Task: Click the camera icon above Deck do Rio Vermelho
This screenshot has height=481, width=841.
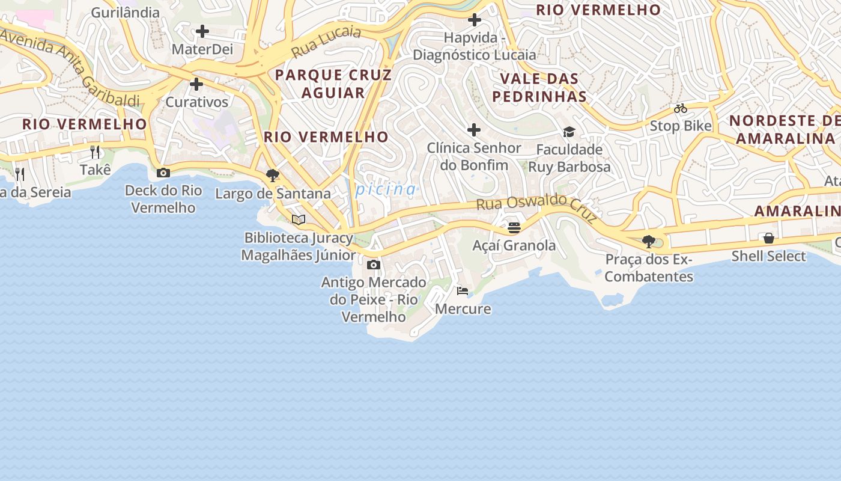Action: click(163, 173)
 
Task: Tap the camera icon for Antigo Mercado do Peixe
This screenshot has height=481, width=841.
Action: click(373, 265)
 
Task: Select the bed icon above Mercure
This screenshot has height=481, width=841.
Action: click(462, 291)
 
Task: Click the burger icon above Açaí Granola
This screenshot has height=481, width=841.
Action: click(514, 228)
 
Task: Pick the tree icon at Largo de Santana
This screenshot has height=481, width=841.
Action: click(272, 176)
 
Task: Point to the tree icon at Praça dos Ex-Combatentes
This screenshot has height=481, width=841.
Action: click(648, 242)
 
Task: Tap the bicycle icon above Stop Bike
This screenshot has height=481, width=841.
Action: click(680, 109)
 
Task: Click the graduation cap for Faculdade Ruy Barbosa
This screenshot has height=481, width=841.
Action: click(569, 132)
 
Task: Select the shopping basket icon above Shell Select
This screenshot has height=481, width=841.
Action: click(768, 238)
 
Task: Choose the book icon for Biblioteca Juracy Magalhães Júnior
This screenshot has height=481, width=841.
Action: click(299, 219)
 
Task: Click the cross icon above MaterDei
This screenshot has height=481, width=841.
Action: click(202, 31)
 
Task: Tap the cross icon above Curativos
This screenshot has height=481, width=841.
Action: click(196, 84)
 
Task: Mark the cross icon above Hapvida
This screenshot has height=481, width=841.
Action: click(474, 20)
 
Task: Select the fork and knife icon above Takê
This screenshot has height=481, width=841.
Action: click(95, 152)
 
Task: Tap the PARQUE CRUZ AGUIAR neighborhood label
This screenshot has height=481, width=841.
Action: click(333, 84)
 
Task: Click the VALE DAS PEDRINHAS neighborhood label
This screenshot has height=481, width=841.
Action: click(539, 87)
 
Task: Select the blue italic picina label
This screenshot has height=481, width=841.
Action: click(386, 190)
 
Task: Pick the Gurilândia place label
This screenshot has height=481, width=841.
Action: click(126, 13)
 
